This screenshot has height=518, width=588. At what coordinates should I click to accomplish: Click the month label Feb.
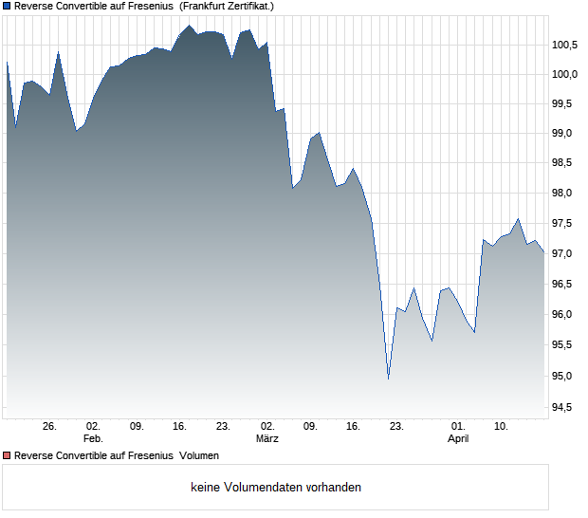point(92,438)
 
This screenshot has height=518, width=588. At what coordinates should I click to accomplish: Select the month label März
point(266,438)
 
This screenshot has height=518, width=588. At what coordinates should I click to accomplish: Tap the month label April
point(458,438)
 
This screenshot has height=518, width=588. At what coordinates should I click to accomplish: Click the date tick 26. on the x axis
point(50,426)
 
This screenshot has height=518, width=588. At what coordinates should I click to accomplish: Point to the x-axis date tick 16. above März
point(354,426)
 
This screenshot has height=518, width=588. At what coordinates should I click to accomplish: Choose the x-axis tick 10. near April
point(501,426)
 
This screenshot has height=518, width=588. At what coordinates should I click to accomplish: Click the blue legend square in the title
point(7,6)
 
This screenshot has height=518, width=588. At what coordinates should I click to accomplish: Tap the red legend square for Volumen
point(7,455)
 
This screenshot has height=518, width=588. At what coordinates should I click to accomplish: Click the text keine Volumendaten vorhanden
point(276,487)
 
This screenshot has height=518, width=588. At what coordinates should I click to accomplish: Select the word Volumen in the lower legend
point(199,455)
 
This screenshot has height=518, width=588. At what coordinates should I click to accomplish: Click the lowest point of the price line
point(388,379)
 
